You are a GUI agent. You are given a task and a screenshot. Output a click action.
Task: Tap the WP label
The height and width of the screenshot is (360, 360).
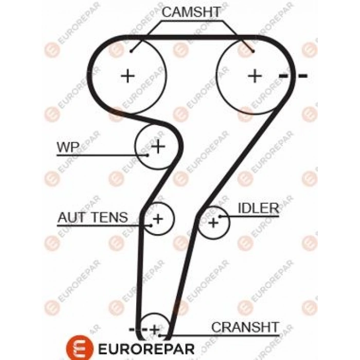68,148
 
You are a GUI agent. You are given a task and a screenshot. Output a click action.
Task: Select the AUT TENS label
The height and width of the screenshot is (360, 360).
93,217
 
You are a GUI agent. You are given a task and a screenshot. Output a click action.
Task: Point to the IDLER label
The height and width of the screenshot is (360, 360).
258,208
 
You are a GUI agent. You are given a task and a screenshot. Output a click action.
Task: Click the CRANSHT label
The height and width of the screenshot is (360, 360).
245,327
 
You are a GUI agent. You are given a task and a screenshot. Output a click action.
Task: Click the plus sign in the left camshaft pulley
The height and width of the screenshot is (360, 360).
127,76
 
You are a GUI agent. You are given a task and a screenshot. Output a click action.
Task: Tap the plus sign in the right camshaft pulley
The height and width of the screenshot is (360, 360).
254,76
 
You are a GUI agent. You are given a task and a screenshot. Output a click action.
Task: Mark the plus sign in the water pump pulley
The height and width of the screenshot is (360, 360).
158,147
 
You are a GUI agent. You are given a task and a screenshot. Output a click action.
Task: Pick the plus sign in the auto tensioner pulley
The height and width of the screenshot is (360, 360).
158,219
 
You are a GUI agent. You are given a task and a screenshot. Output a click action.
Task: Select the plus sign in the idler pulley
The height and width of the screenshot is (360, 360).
213,223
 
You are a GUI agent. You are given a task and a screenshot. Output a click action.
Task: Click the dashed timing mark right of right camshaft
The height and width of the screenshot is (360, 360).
293,76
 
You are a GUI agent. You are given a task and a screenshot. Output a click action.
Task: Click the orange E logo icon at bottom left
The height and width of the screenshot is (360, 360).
78,348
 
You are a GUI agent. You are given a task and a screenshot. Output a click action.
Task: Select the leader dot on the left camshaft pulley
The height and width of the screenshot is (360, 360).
132,51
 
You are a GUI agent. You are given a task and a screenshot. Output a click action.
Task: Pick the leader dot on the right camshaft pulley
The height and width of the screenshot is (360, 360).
252,51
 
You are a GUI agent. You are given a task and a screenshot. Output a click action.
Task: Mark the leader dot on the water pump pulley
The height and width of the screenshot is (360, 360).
147,154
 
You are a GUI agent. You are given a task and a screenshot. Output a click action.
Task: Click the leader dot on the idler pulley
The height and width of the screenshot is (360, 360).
220,217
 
